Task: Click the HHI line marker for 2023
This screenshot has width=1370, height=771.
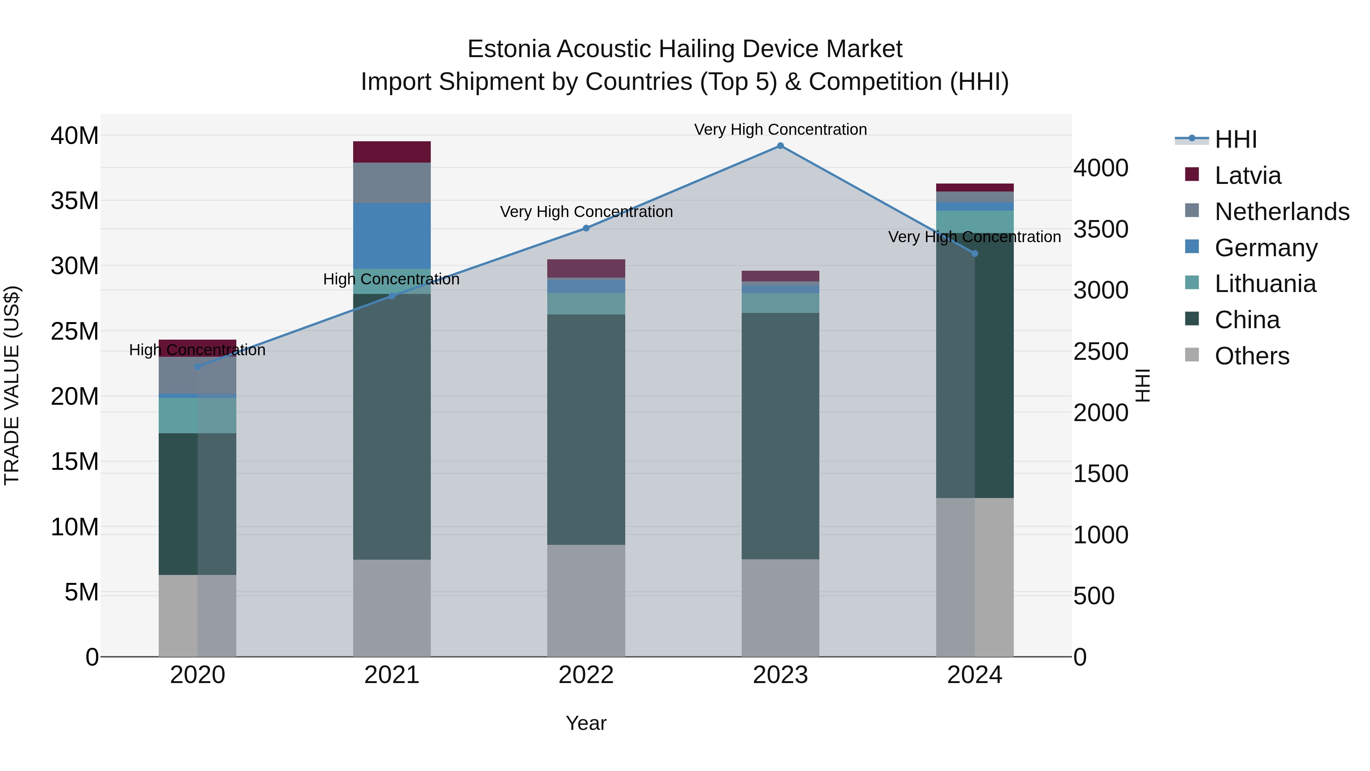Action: [780, 146]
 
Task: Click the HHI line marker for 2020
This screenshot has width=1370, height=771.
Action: [198, 367]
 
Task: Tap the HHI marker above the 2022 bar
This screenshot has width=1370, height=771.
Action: [586, 228]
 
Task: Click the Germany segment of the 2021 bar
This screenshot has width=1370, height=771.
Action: [392, 235]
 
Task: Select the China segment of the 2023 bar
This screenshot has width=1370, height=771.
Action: [780, 436]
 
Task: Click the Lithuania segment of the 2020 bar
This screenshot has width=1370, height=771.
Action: [198, 415]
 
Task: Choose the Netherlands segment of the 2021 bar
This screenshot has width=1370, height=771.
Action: [392, 182]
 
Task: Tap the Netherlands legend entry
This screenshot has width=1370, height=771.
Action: [1281, 211]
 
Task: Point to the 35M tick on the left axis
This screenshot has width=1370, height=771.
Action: [75, 201]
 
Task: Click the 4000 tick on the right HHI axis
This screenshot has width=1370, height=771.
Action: [1100, 168]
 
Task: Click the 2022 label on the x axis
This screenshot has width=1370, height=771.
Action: [586, 675]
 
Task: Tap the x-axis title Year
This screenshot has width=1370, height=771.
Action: [586, 723]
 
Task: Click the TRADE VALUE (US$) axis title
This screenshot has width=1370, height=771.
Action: [12, 385]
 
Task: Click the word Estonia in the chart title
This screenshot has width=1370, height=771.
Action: [508, 49]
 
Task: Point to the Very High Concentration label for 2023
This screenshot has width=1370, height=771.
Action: [780, 129]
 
